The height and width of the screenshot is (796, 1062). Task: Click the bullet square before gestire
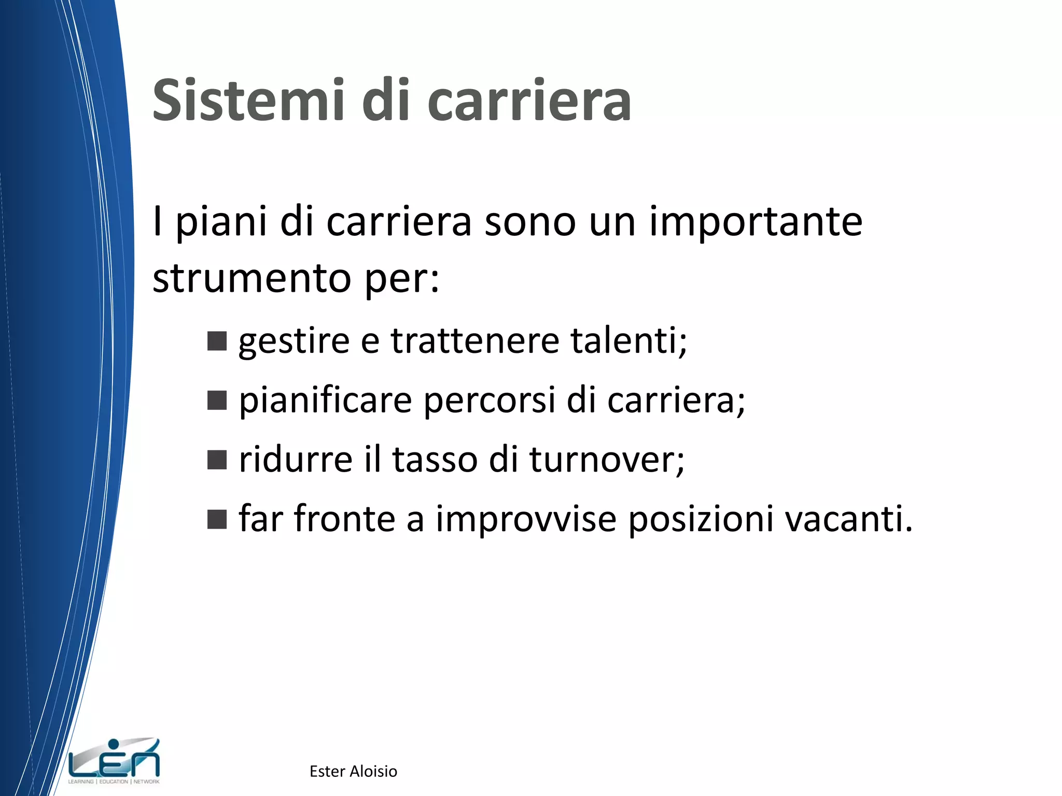click(217, 342)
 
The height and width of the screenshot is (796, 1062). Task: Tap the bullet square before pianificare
click(217, 401)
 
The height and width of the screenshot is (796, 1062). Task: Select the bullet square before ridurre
click(217, 460)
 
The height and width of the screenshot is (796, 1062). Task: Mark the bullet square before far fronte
click(217, 519)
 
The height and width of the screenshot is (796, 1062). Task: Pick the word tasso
click(435, 460)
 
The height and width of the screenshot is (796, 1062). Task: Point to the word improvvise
click(526, 519)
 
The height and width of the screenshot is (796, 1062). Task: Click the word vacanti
click(848, 519)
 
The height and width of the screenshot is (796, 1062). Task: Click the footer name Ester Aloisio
click(353, 771)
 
